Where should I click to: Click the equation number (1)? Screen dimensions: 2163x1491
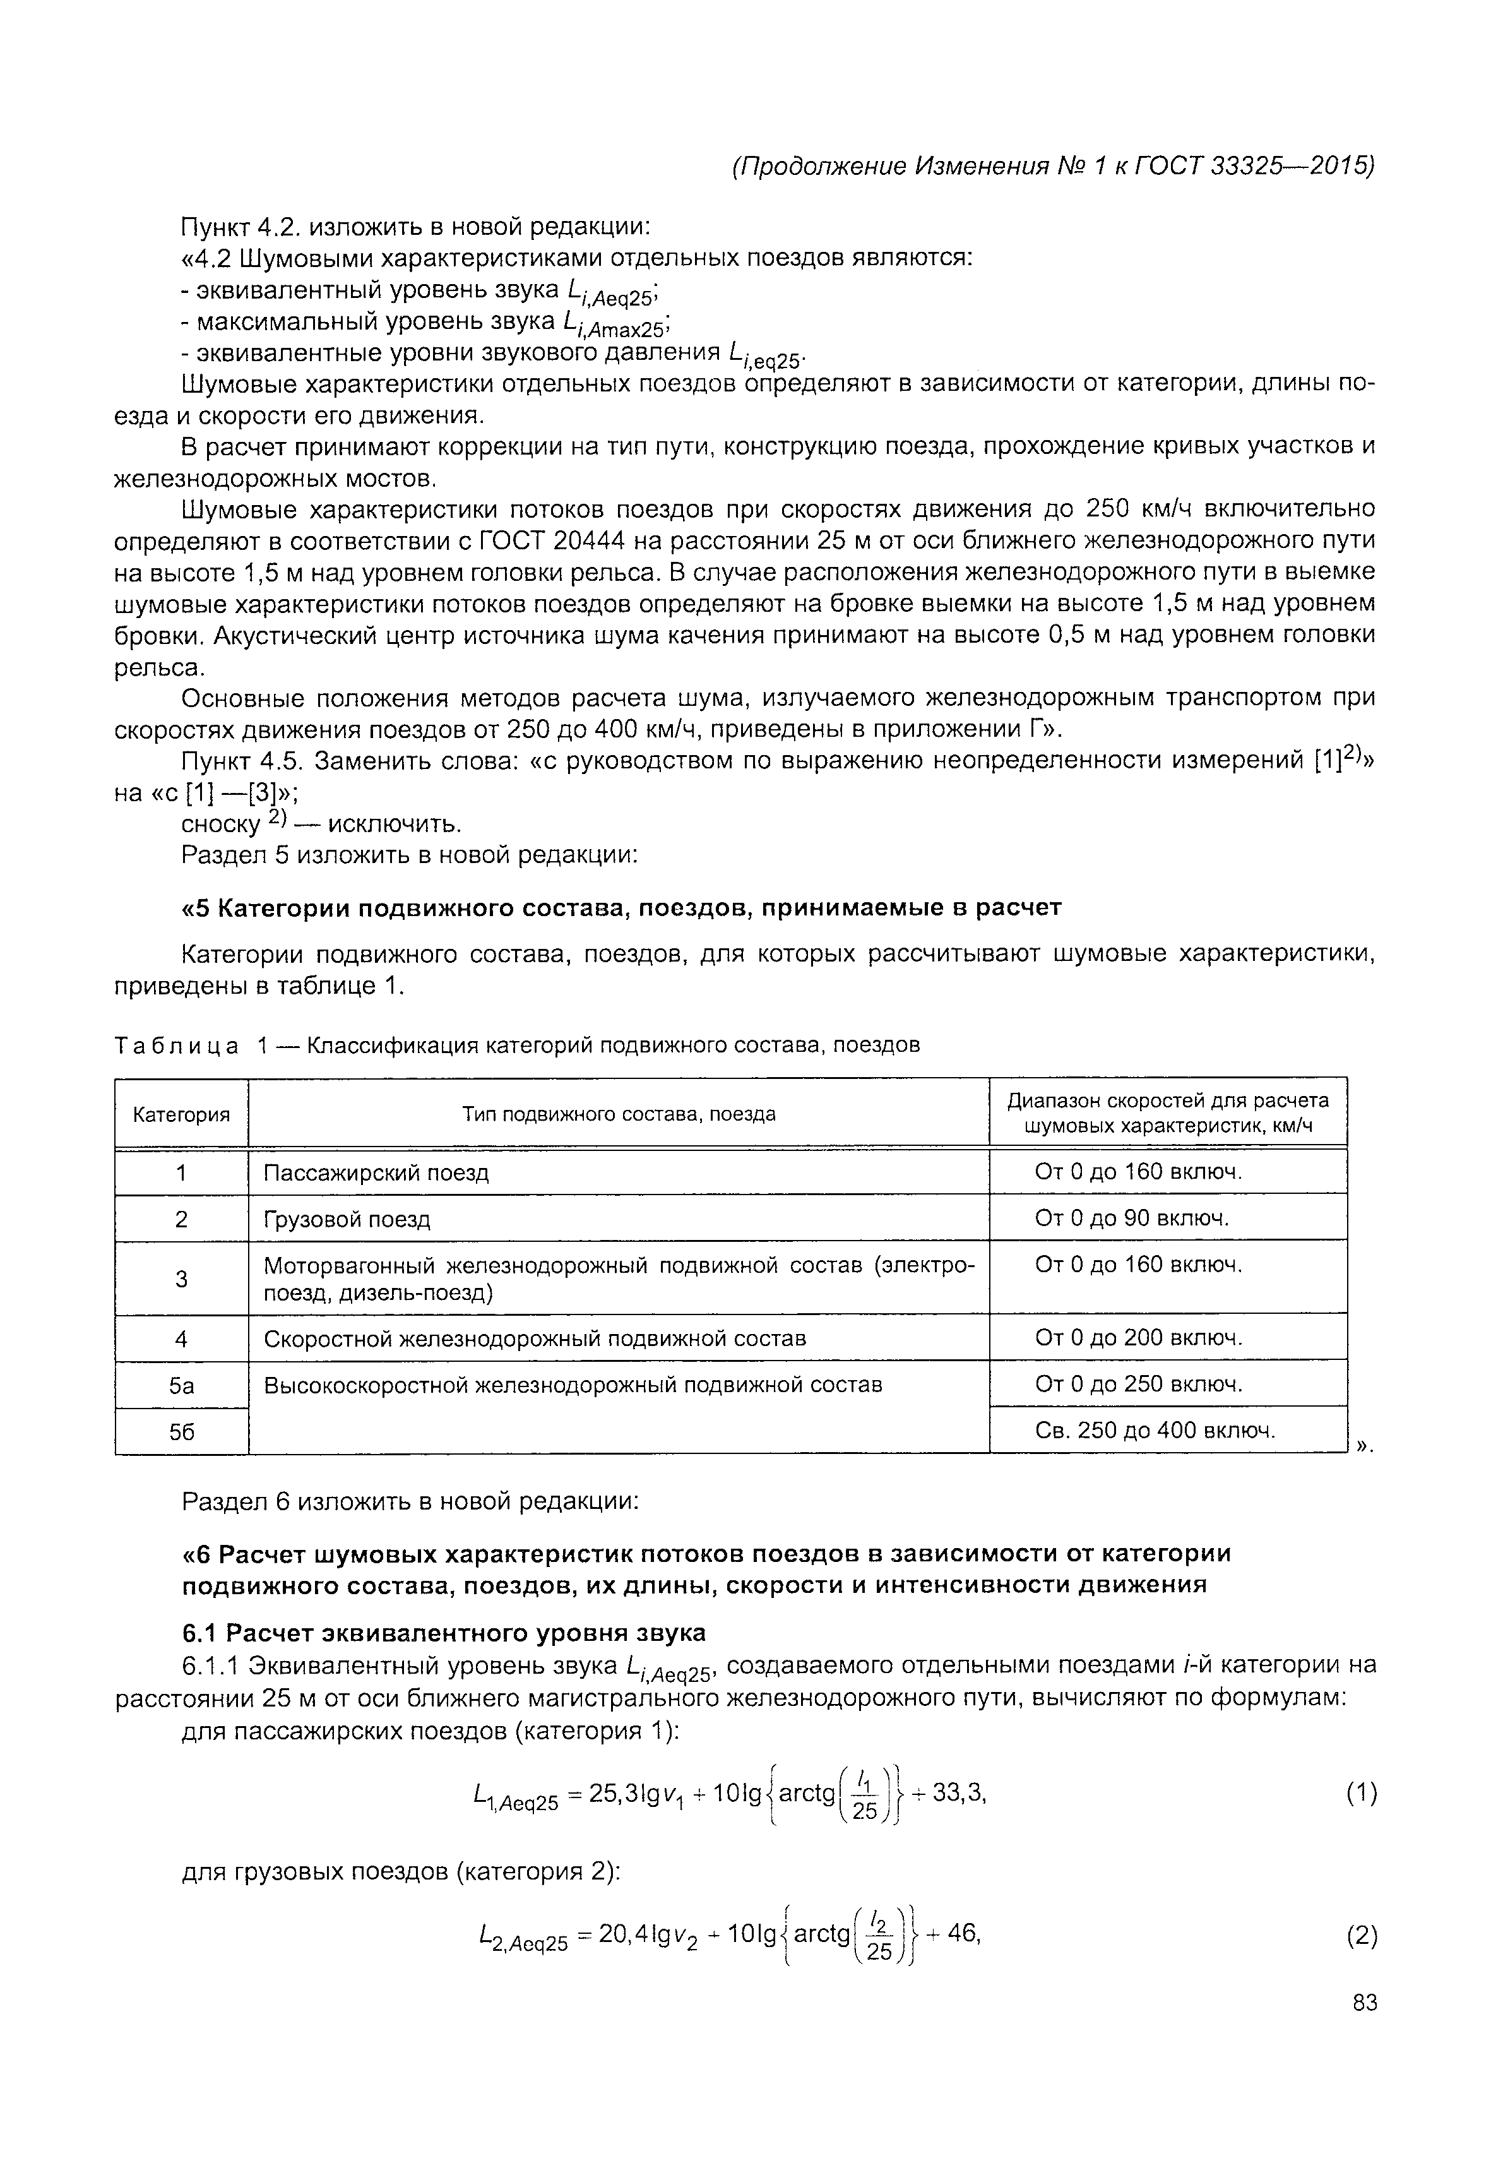click(x=1361, y=1793)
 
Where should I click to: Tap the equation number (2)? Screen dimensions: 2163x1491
click(x=1361, y=1935)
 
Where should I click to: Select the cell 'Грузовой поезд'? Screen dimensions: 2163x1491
click(x=348, y=1219)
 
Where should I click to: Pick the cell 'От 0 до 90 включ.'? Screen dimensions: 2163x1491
click(x=1132, y=1219)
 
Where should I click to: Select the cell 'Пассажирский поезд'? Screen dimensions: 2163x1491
click(x=376, y=1172)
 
